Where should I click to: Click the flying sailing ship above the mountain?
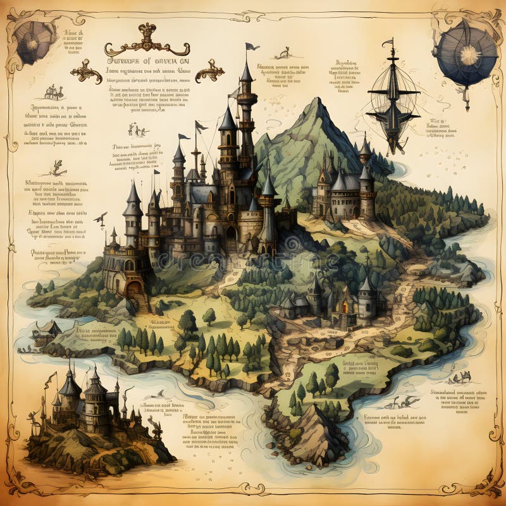[392, 101]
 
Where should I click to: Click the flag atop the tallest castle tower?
[252, 46]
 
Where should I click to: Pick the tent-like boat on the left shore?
[47, 328]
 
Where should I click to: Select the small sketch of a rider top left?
[54, 93]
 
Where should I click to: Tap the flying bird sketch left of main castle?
[101, 219]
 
